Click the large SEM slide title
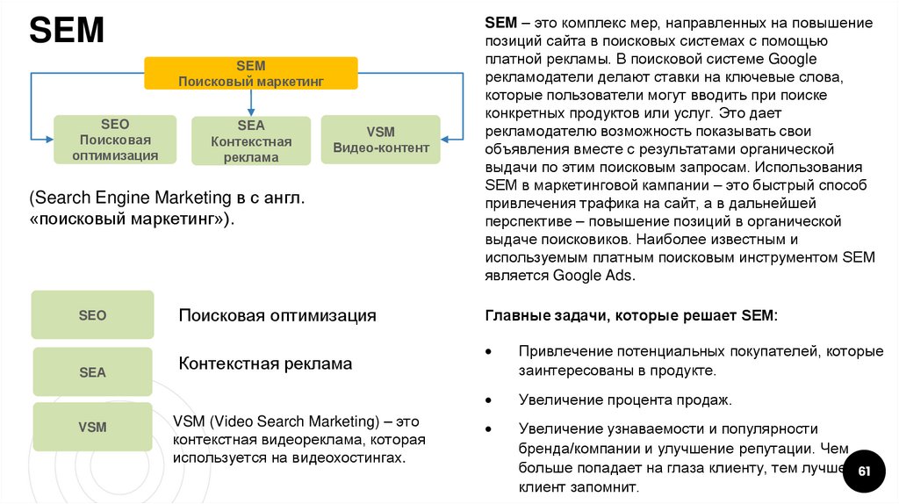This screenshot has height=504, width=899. (67, 32)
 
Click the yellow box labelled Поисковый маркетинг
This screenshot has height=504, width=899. (251, 73)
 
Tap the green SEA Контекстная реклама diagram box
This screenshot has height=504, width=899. (251, 141)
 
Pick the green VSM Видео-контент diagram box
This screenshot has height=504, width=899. (380, 140)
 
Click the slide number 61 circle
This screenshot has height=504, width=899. (863, 472)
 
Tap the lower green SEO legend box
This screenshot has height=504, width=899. (92, 314)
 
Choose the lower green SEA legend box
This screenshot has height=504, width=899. (92, 372)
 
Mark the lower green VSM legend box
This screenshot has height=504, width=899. (92, 427)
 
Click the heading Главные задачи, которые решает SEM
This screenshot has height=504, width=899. (630, 315)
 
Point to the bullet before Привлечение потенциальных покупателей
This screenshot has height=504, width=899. (489, 351)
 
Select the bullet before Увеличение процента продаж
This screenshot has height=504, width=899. (489, 400)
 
